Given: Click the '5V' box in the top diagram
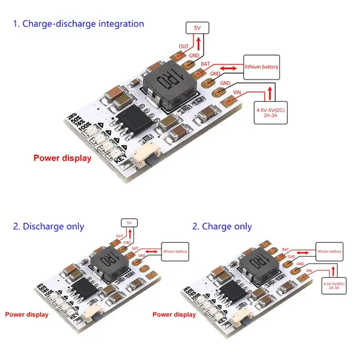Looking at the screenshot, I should pyautogui.click(x=196, y=28).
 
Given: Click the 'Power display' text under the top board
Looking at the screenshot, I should pyautogui.click(x=62, y=158).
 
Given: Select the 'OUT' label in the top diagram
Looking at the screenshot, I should pyautogui.click(x=183, y=47).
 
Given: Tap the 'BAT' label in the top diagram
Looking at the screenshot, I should pyautogui.click(x=205, y=64).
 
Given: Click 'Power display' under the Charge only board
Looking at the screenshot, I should pyautogui.click(x=174, y=315).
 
